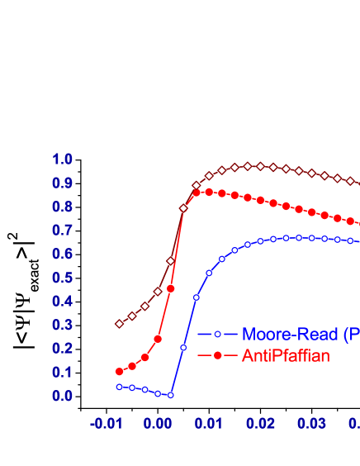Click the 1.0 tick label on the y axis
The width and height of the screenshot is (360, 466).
63,159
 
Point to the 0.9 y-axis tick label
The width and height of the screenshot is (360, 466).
63,183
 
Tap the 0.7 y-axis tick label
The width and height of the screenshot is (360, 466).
63,231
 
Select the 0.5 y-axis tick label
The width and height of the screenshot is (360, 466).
63,278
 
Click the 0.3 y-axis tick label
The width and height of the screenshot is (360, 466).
63,326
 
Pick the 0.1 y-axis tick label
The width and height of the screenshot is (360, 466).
63,373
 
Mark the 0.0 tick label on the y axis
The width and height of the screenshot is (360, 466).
63,397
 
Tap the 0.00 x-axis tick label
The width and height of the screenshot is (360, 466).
157,424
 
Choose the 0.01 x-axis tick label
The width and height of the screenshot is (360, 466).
209,424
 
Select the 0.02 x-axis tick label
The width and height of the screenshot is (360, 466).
260,424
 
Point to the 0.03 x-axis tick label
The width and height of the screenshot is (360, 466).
312,424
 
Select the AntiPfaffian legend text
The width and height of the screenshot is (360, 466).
286,356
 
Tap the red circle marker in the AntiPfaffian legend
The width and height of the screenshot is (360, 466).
218,356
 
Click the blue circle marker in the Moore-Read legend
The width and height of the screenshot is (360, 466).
218,335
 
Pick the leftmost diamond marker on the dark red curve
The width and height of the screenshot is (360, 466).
119,324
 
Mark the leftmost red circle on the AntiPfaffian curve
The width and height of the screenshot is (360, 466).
119,372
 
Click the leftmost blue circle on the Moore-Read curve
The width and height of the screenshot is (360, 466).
119,387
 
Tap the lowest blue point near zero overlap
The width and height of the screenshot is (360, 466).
170,395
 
